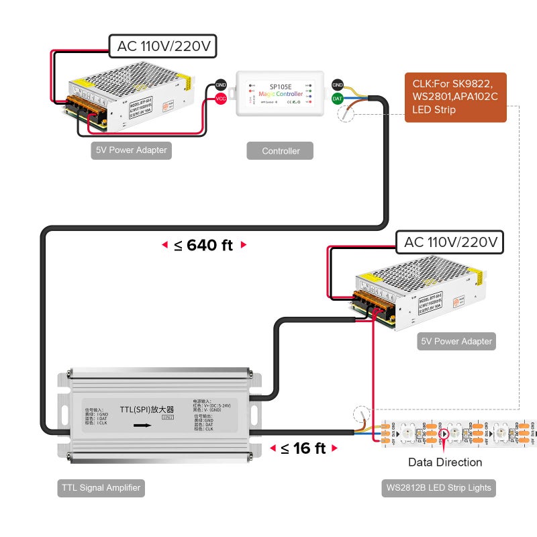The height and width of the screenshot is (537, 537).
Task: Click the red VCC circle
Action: pyautogui.click(x=220, y=99)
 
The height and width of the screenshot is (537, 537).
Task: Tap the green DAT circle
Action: pyautogui.click(x=338, y=99)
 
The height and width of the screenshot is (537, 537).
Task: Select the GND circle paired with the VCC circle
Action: pyautogui.click(x=220, y=85)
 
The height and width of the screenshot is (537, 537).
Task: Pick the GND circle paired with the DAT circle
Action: pyautogui.click(x=338, y=85)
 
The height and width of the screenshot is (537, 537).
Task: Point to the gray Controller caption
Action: pyautogui.click(x=280, y=151)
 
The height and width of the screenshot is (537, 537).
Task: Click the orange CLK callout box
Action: pyautogui.click(x=454, y=97)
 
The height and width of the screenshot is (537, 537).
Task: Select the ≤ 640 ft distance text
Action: pyautogui.click(x=203, y=245)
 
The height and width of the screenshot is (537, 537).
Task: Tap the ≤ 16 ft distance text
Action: pyautogui.click(x=303, y=448)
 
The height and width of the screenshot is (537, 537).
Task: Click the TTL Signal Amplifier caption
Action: pyautogui.click(x=100, y=488)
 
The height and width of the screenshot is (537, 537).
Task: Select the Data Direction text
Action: pyautogui.click(x=444, y=462)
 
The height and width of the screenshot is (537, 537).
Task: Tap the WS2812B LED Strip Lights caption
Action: pyautogui.click(x=438, y=488)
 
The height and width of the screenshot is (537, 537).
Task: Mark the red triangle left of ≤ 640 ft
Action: pyautogui.click(x=164, y=246)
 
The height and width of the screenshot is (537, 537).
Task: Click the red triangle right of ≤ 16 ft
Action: pyautogui.click(x=334, y=448)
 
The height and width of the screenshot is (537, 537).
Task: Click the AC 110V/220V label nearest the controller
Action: pyautogui.click(x=162, y=46)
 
